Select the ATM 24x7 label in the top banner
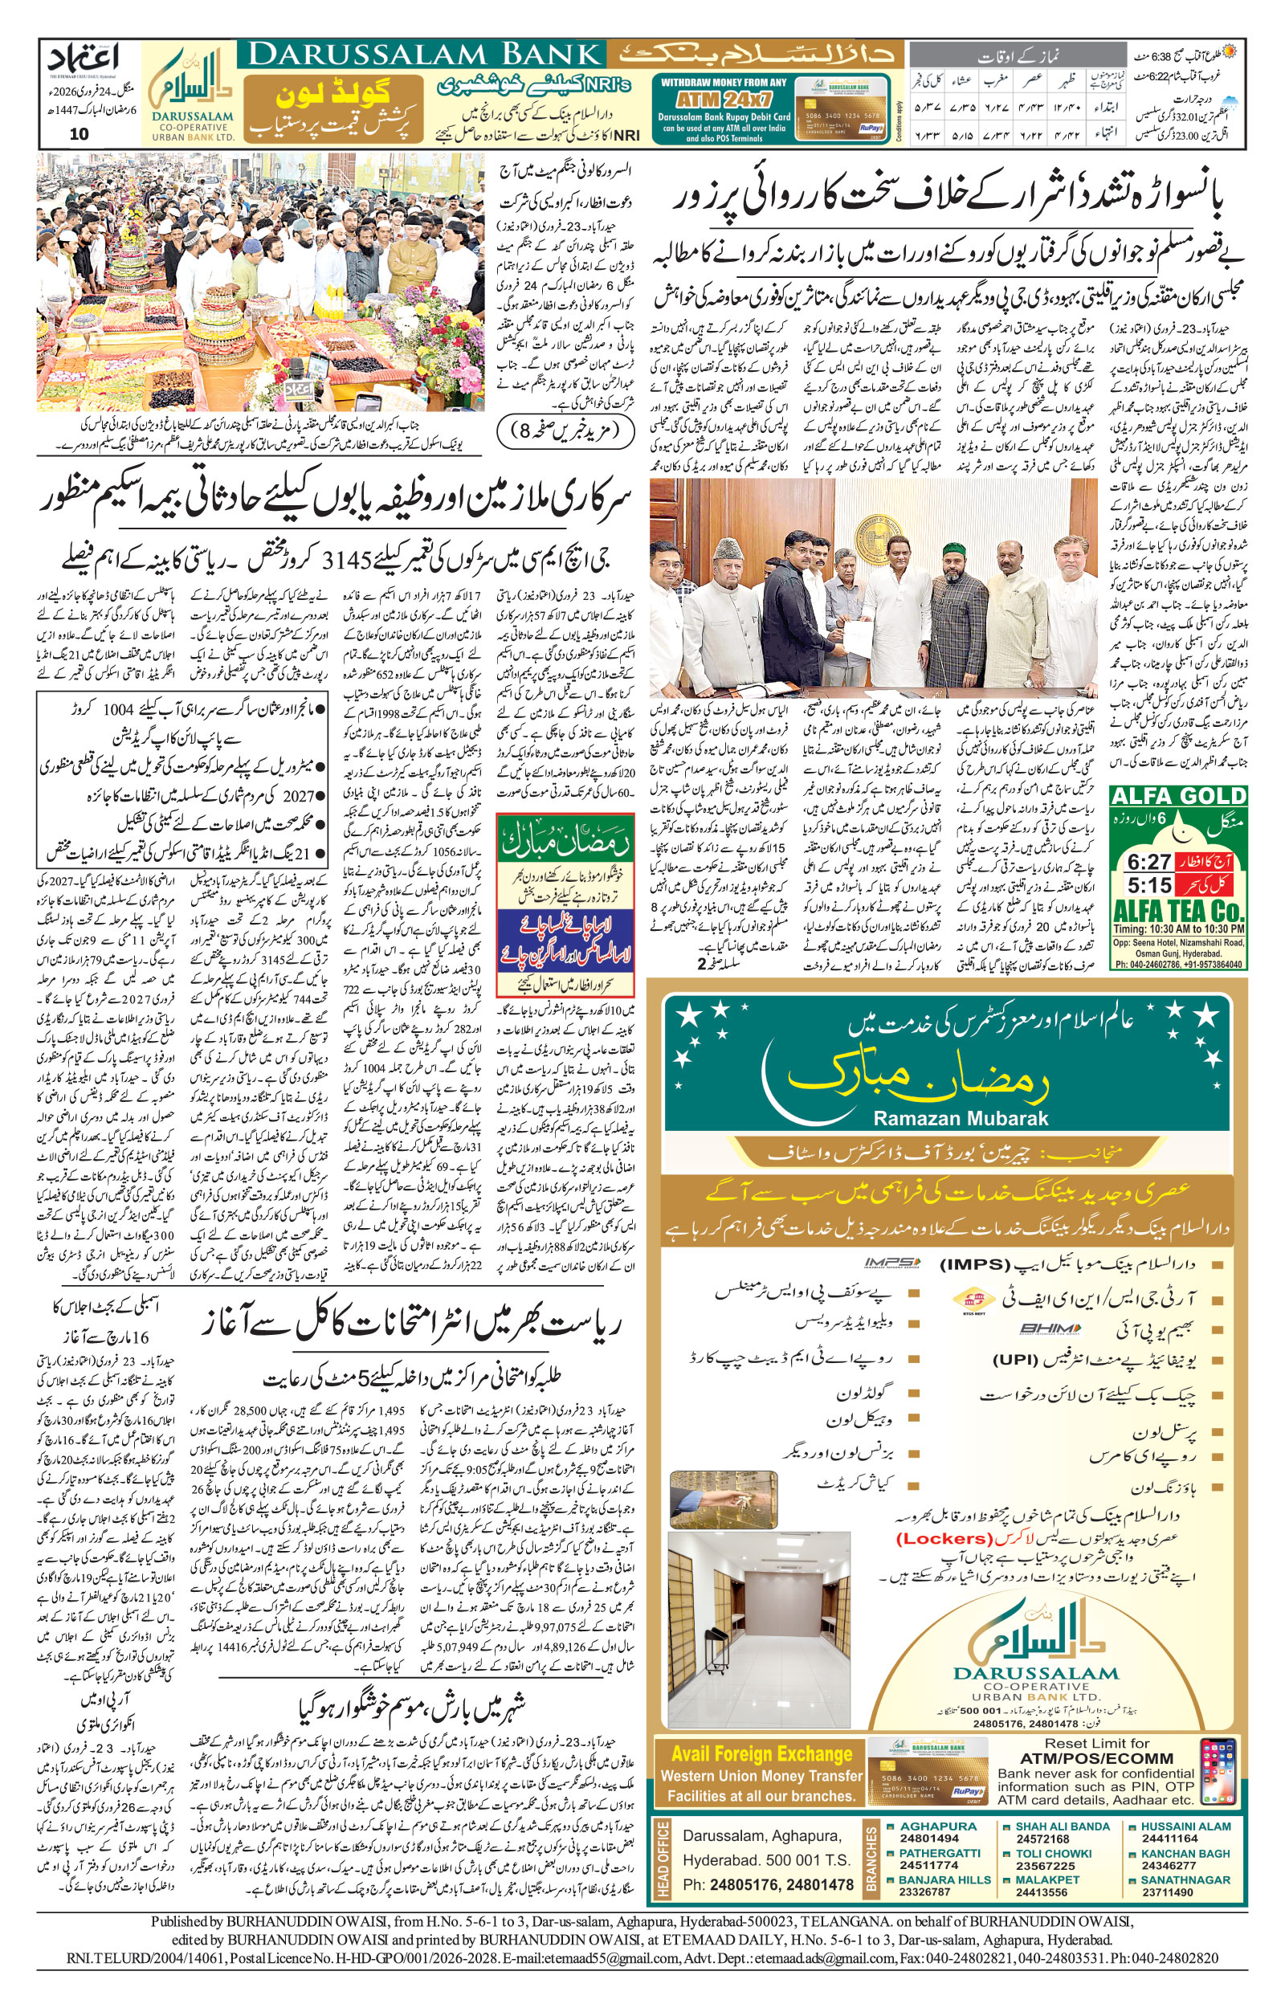723,99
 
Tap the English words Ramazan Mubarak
960,1119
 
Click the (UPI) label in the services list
1014,1359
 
